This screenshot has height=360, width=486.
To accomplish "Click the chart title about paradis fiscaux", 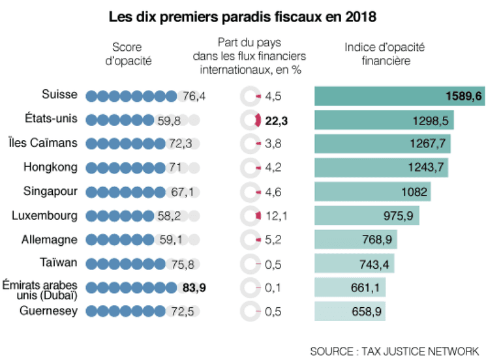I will (243, 16).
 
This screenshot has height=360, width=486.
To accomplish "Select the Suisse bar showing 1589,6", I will (399, 96).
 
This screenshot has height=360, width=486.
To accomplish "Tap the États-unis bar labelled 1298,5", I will (384, 120).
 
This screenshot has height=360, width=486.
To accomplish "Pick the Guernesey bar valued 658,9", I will (350, 311).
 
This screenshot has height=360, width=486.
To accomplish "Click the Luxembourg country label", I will (46, 215).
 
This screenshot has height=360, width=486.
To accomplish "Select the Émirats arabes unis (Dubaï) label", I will (40, 287).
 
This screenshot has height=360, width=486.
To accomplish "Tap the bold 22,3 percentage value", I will (276, 120).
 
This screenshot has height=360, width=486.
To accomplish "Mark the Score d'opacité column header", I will (128, 54).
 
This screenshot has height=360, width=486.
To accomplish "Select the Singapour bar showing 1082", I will (372, 192).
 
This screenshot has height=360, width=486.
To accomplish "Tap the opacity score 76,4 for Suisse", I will (194, 97).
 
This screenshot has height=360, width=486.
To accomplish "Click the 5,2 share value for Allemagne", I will (273, 239).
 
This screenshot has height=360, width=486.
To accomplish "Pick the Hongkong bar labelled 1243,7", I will (382, 168).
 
